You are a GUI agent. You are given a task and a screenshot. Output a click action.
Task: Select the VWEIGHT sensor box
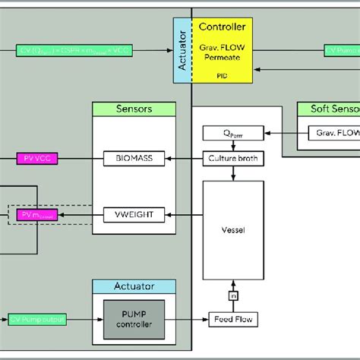point(134,216)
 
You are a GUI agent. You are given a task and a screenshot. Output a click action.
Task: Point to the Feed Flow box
point(229,321)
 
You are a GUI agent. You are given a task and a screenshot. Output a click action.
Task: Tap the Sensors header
point(134,109)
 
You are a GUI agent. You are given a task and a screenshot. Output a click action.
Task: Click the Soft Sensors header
point(328,109)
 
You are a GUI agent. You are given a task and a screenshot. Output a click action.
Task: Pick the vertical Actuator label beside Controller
point(182,51)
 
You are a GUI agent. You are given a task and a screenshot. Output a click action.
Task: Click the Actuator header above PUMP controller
point(134,286)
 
